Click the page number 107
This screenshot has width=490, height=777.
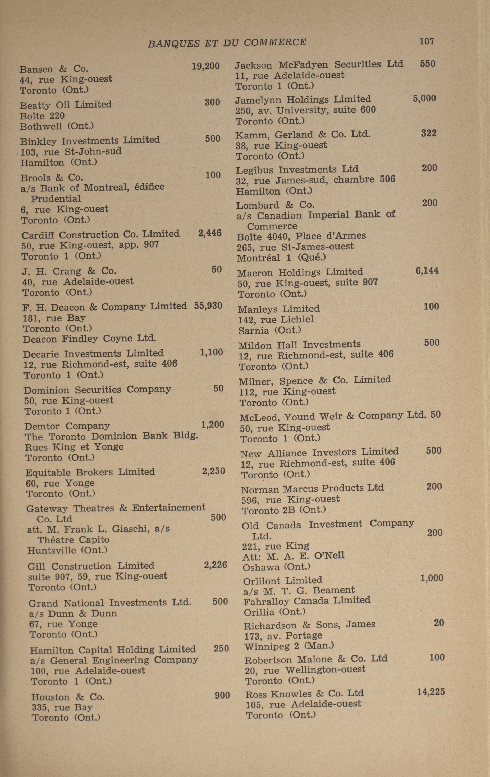point(427,41)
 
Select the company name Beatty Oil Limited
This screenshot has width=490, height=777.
point(66,105)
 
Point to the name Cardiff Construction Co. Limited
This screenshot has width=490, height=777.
point(100,234)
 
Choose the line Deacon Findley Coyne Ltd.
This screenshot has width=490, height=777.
point(89,339)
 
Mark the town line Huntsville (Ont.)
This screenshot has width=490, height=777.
point(67,550)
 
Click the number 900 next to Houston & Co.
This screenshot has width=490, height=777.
point(222,695)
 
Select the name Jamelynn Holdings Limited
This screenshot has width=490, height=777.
point(303,99)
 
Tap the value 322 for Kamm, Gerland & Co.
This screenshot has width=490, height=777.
point(429,133)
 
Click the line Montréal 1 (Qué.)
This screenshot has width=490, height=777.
point(281,257)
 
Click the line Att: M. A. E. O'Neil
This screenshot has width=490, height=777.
point(293,556)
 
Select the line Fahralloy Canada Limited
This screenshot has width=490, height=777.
point(307,600)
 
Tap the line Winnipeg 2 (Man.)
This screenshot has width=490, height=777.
point(289,646)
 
